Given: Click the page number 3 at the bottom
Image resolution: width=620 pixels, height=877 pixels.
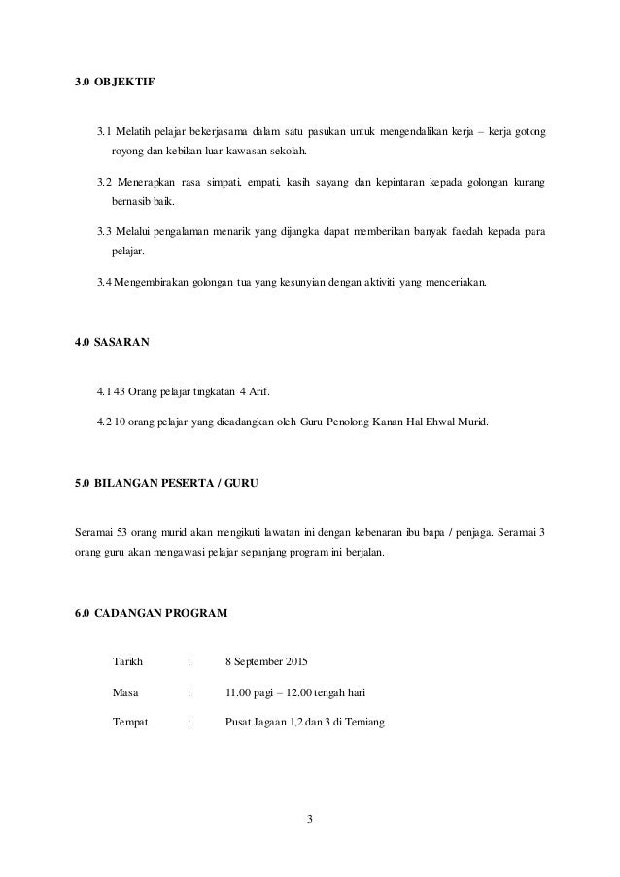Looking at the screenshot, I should click(x=310, y=825).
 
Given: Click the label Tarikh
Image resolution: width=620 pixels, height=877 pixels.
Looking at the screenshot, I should click(x=128, y=662).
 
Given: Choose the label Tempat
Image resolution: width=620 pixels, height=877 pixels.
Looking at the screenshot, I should click(x=131, y=722).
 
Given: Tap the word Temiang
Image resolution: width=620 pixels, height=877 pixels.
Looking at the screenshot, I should click(x=365, y=722).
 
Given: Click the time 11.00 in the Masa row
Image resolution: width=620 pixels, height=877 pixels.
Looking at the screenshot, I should click(x=238, y=692).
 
